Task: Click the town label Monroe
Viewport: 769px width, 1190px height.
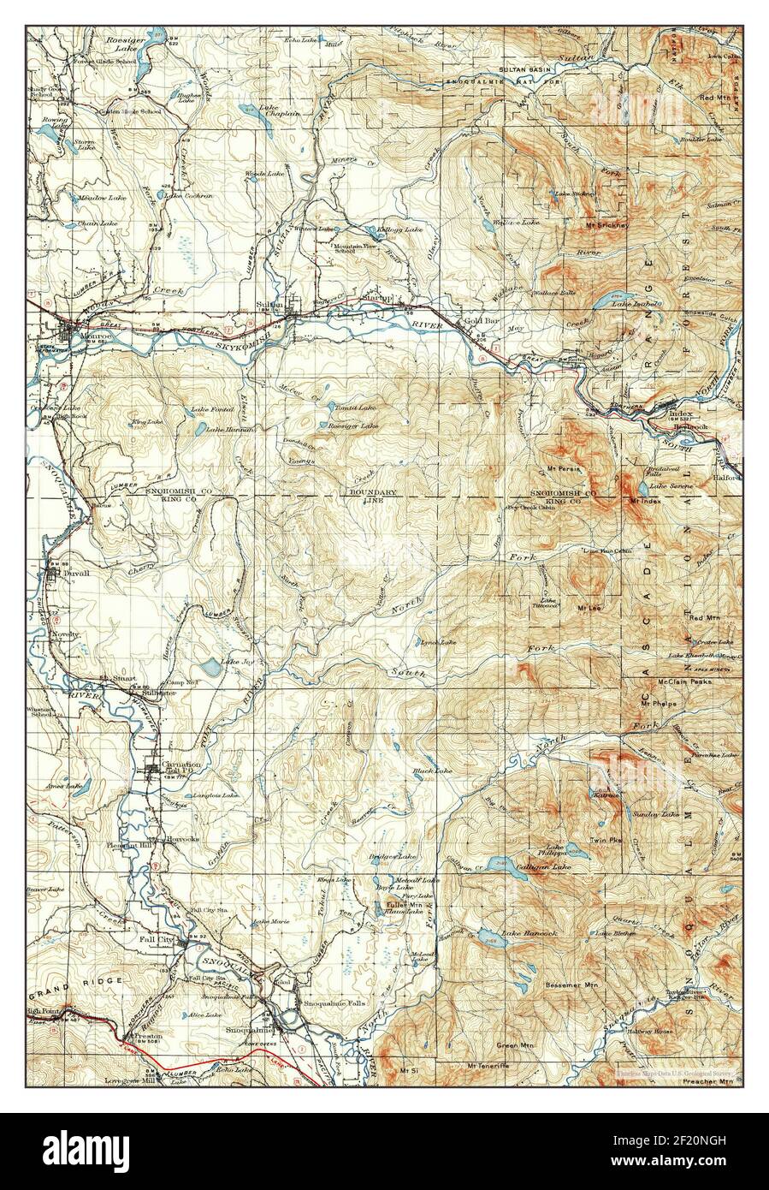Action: pos(61,338)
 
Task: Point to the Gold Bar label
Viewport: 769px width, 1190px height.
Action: pos(482,321)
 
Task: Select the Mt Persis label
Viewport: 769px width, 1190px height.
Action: pos(562,469)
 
